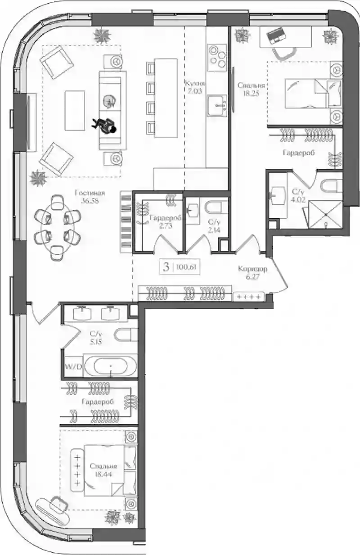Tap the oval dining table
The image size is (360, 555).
click(x=58, y=227)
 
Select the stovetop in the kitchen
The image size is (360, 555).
click(x=217, y=58)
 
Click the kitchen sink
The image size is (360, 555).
click(x=217, y=105)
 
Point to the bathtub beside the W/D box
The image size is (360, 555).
click(x=111, y=366)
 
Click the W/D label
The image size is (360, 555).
click(x=73, y=366)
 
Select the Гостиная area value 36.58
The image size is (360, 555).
click(x=90, y=201)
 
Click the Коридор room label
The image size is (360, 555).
click(x=252, y=269)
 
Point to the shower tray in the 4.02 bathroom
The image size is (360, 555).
click(x=325, y=214)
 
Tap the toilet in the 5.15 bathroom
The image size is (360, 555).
click(x=126, y=334)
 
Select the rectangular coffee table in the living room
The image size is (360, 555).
click(x=75, y=110)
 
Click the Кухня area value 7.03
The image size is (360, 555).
click(x=194, y=91)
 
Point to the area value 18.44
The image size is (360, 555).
click(x=103, y=474)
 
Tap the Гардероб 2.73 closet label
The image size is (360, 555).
click(x=166, y=221)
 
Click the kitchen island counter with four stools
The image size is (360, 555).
click(x=166, y=98)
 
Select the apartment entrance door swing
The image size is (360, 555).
click(x=277, y=275)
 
